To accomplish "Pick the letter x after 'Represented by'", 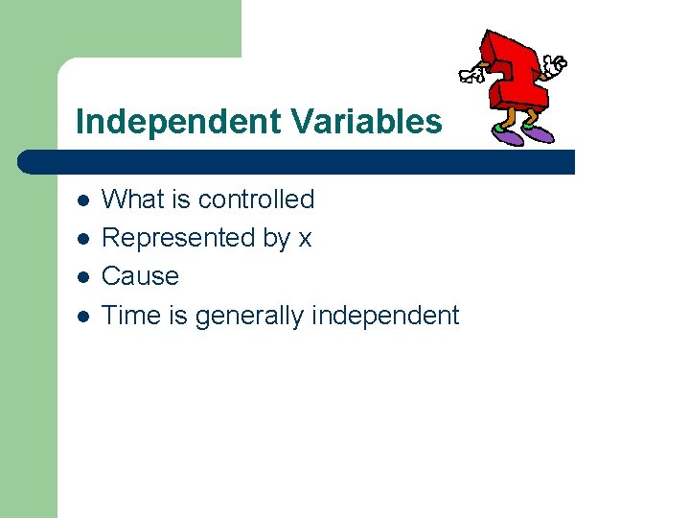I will click(305, 239).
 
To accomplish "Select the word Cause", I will click(140, 276).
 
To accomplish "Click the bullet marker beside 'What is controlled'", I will click(83, 200).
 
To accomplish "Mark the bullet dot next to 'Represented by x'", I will click(83, 239).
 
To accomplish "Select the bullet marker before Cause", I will click(83, 277).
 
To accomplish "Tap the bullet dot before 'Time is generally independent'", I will click(83, 316).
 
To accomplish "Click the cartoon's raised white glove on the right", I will click(555, 64).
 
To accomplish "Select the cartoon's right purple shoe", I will click(540, 133).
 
